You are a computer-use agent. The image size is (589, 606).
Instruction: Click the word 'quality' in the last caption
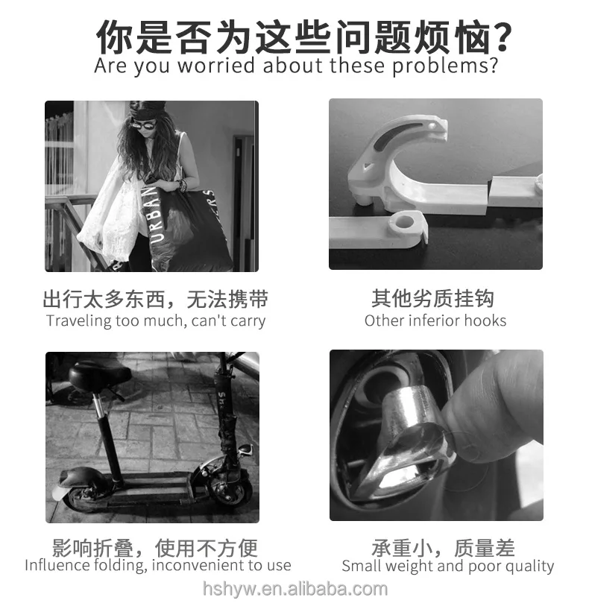click(x=529, y=566)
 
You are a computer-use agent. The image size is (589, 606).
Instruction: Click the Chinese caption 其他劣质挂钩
click(x=432, y=299)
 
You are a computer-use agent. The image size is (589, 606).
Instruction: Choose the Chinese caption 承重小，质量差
click(x=443, y=548)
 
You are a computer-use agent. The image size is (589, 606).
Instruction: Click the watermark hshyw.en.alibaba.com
click(x=295, y=589)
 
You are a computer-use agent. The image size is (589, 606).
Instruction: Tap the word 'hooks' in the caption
click(x=485, y=321)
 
